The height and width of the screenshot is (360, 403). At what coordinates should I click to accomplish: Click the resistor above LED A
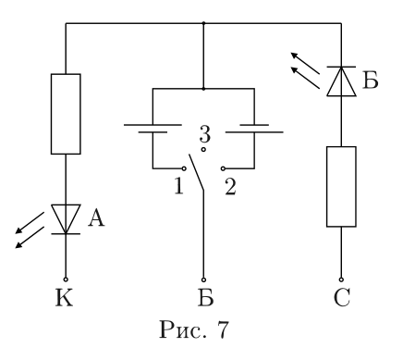pyautogui.click(x=66, y=114)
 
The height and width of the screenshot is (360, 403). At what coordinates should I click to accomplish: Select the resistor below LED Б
pyautogui.click(x=341, y=187)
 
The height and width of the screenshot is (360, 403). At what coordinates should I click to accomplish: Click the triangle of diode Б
pyautogui.click(x=341, y=81)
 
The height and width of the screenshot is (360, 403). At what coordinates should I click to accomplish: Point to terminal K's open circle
pyautogui.click(x=66, y=279)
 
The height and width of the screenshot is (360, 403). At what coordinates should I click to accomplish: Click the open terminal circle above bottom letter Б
pyautogui.click(x=203, y=279)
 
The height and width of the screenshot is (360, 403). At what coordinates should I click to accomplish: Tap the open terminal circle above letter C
pyautogui.click(x=341, y=279)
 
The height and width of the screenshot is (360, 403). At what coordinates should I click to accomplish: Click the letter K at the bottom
pyautogui.click(x=65, y=298)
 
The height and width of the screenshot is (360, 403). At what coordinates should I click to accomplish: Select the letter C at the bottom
pyautogui.click(x=342, y=298)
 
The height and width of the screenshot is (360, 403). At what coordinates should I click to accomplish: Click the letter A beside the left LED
pyautogui.click(x=96, y=218)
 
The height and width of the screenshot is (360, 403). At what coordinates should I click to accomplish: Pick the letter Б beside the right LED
pyautogui.click(x=370, y=81)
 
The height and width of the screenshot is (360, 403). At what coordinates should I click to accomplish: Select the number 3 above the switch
pyautogui.click(x=204, y=134)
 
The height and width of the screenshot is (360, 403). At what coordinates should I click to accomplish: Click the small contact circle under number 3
pyautogui.click(x=203, y=150)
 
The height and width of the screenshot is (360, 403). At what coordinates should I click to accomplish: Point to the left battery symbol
pyautogui.click(x=153, y=129)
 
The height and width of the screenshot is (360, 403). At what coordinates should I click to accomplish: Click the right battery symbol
pyautogui.click(x=254, y=129)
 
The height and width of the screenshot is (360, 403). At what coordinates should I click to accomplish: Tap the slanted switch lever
pyautogui.click(x=196, y=172)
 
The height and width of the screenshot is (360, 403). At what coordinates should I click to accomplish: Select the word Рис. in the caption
pyautogui.click(x=183, y=330)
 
